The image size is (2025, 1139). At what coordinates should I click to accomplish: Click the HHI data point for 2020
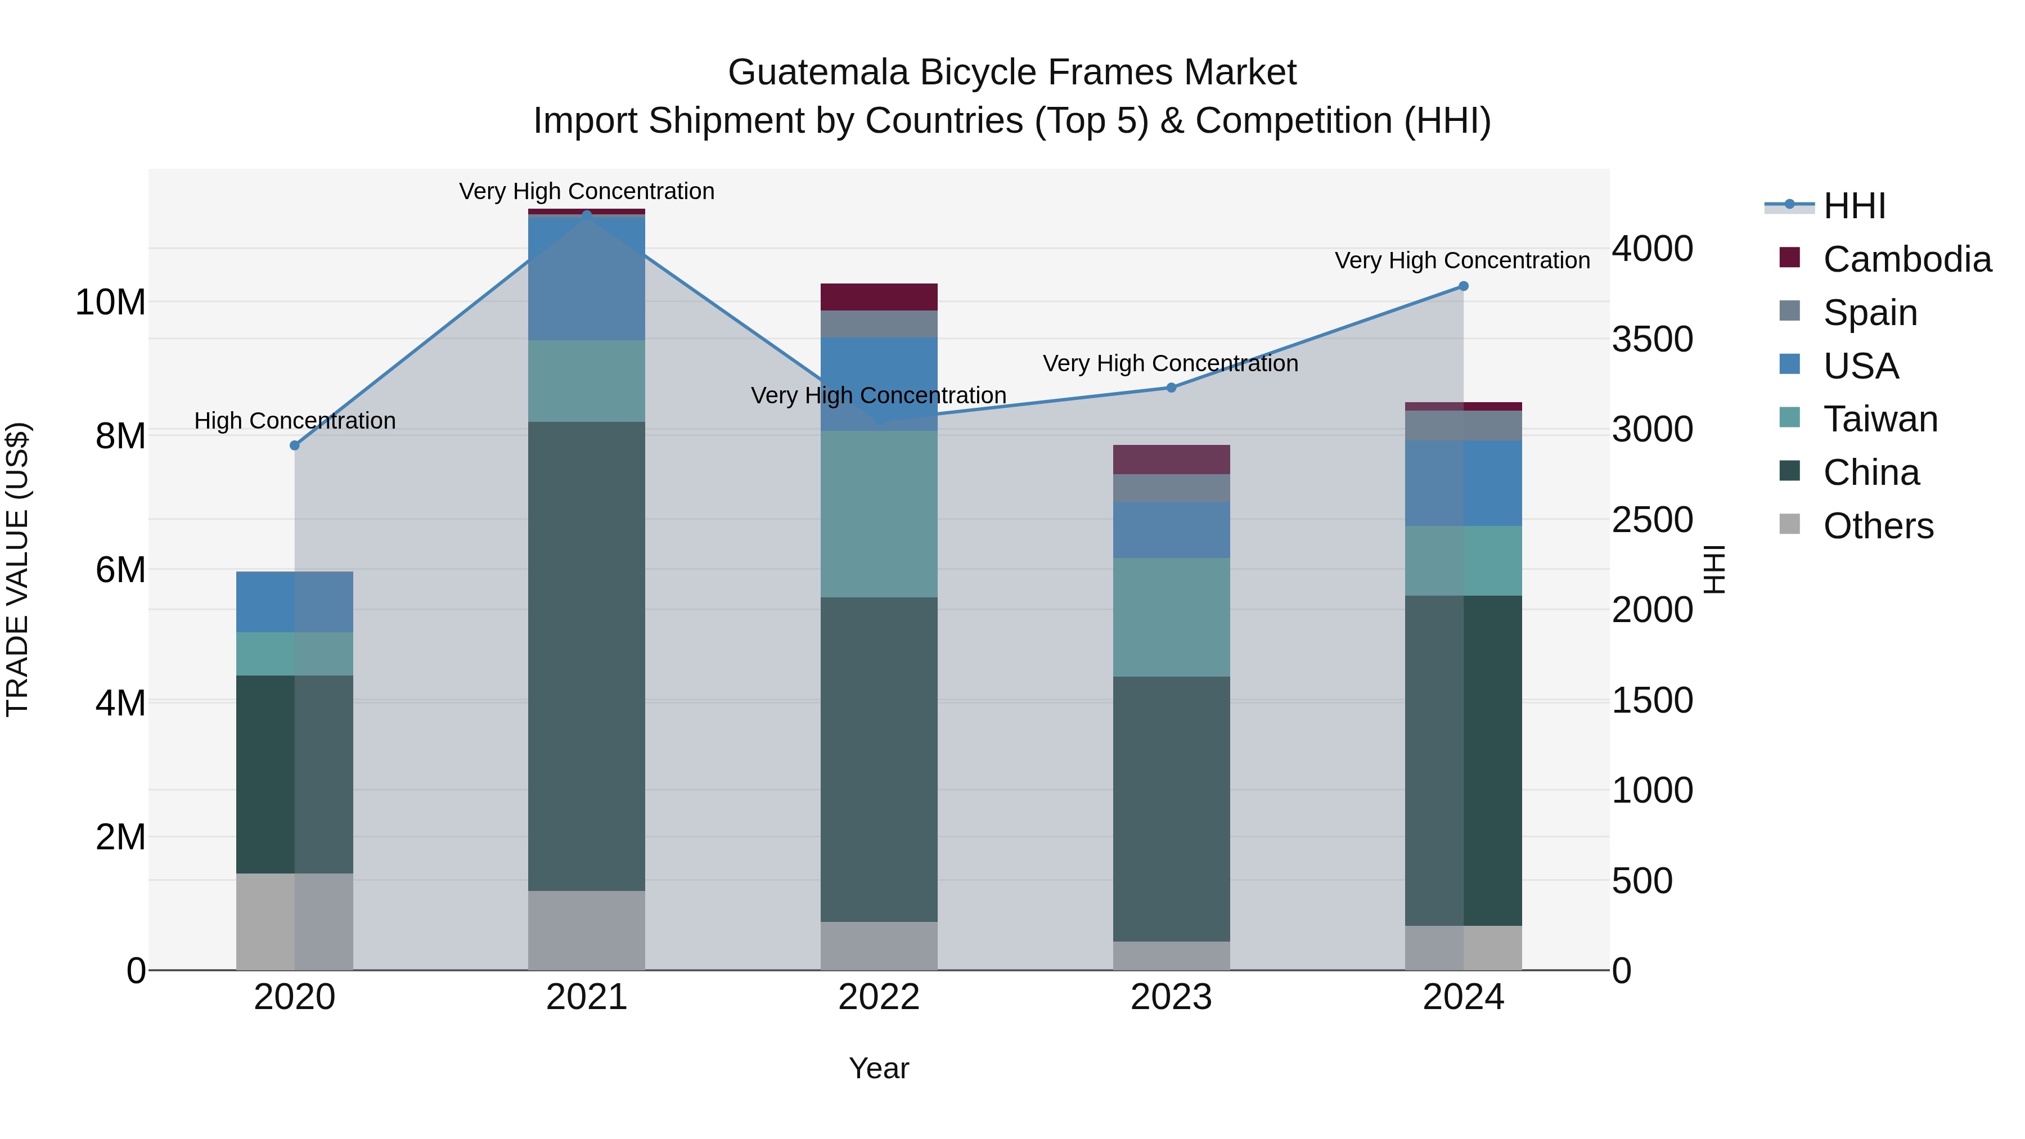pos(295,445)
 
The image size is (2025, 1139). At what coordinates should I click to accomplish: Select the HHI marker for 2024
pos(1463,286)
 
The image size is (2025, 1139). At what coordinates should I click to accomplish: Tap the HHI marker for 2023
pos(1171,388)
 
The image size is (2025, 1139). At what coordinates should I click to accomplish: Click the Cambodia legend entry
pos(1906,259)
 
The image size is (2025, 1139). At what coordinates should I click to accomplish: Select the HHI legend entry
pos(1853,206)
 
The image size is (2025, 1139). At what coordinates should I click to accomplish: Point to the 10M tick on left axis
pos(110,303)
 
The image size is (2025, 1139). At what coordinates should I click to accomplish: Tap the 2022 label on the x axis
pos(879,997)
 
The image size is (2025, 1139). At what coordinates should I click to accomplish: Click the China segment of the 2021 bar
pos(587,656)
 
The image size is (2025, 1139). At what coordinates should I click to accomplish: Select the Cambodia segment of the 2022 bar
pos(879,297)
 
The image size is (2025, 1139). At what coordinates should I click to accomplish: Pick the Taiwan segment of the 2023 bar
pos(1171,617)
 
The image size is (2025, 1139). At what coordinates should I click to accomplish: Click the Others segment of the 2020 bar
pos(295,921)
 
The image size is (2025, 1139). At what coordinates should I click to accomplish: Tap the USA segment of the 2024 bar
pos(1463,483)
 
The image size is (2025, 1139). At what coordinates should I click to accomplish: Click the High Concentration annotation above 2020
pos(295,421)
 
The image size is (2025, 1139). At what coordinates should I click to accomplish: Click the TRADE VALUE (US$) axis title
pos(17,569)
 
